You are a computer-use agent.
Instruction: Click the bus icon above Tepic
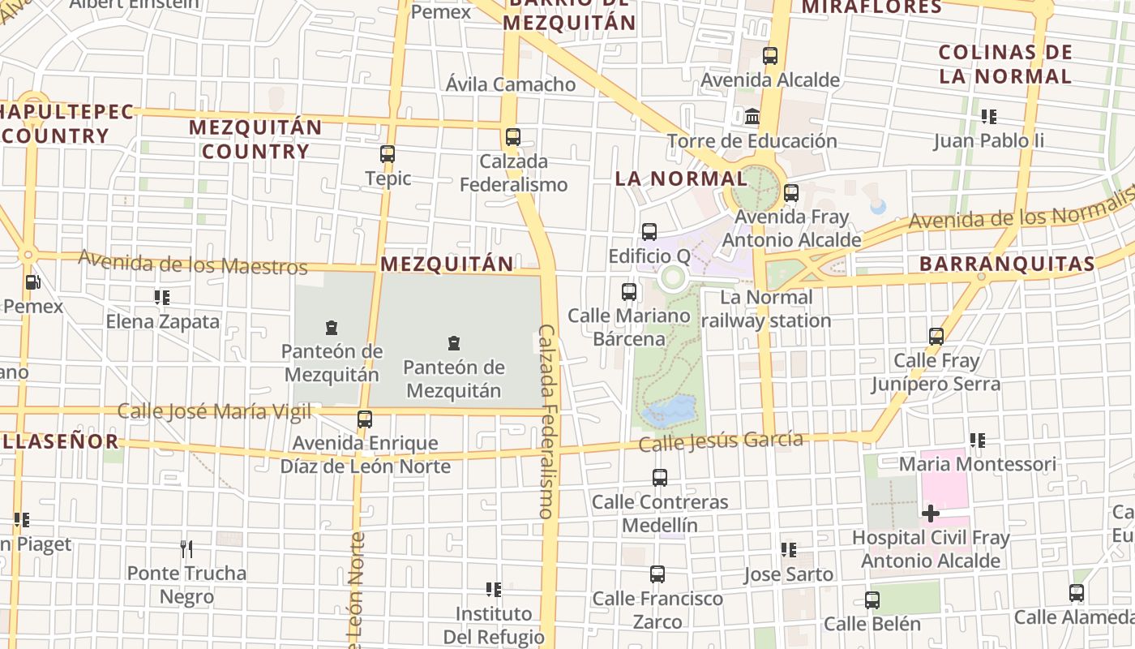(388, 154)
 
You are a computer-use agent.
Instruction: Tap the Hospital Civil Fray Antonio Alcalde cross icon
(931, 513)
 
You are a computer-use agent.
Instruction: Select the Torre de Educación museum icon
(752, 117)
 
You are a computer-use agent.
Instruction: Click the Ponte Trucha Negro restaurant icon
(186, 549)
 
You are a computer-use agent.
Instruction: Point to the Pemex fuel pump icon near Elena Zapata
(32, 283)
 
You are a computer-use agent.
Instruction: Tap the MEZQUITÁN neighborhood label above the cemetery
(447, 264)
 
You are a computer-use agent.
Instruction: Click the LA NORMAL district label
(681, 178)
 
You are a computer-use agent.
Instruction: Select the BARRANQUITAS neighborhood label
(1007, 264)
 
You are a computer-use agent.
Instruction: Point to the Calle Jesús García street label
(721, 441)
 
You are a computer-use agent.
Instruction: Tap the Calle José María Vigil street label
(214, 411)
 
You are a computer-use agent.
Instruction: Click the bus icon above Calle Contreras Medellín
(660, 478)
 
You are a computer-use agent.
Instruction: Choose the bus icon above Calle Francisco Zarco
(657, 574)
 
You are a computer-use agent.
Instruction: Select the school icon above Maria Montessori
(978, 441)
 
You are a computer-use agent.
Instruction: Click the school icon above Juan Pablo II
(988, 117)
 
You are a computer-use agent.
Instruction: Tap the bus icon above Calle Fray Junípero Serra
(936, 336)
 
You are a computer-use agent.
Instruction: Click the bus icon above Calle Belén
(872, 600)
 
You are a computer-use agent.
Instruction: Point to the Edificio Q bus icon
(649, 232)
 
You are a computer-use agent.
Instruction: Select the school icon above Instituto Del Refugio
(493, 589)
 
